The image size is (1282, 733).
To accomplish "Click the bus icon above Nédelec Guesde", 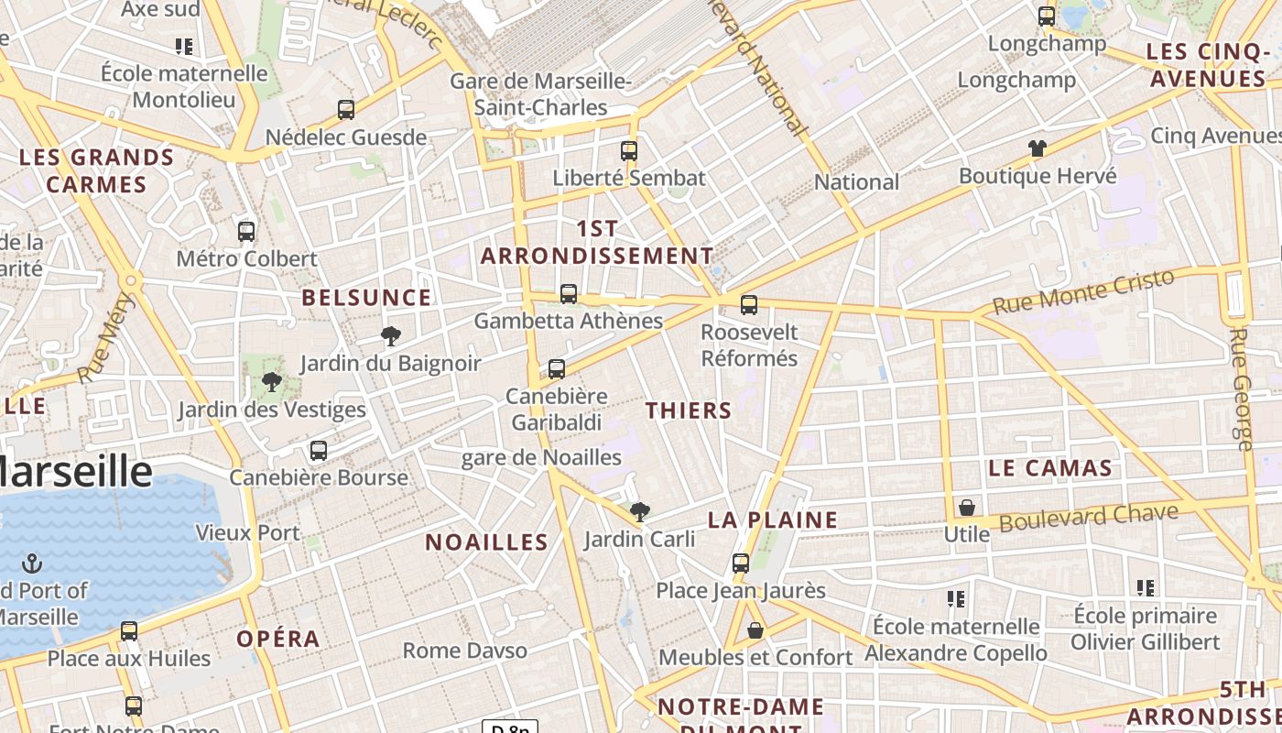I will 346,110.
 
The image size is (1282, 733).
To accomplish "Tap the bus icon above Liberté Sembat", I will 629,151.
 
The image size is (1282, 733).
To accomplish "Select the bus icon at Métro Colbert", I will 246,232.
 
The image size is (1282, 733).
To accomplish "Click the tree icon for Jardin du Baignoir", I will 391,336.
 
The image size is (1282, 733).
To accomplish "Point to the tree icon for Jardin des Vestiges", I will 271,382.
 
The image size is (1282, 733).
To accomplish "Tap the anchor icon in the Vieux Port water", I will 33,563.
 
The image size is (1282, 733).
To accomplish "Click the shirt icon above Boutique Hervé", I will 1037,148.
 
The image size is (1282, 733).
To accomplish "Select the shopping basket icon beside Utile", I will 966,508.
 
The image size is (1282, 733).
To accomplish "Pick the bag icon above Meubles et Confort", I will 755,630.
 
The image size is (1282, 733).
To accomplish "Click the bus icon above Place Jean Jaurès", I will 741,563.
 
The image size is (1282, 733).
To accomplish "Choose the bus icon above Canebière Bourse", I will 319,451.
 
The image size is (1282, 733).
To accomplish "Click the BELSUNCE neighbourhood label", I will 366,298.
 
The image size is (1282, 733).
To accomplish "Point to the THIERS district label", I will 689,410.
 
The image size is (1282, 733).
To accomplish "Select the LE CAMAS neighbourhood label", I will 1050,468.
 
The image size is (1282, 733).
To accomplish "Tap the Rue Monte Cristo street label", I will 1082,292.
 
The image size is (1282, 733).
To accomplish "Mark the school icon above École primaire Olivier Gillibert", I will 1146,588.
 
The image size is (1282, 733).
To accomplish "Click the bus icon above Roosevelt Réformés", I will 749,305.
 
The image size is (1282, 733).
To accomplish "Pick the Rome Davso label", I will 465,651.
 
